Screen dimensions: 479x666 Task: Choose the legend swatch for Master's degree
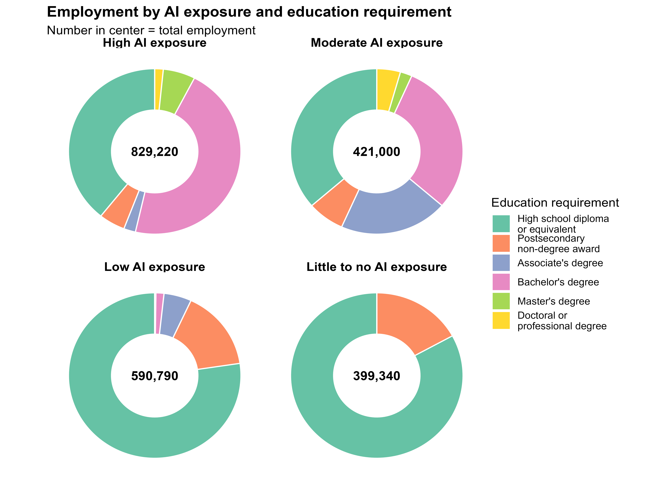501,301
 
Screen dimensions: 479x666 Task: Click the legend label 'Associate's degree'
560,263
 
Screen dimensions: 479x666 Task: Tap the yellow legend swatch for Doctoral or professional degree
501,321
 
